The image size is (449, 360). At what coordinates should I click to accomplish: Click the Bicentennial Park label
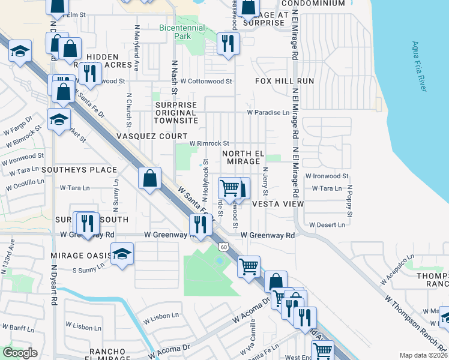coord(182,32)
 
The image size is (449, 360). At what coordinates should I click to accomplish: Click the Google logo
coord(20,353)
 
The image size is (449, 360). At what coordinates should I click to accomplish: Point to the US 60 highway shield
coord(223,247)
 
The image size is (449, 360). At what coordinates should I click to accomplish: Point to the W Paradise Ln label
coord(268,112)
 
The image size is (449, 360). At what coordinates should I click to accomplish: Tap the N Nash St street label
coord(175,76)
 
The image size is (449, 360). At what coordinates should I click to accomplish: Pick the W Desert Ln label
coord(327,225)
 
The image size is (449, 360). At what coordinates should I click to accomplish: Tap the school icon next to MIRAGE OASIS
coord(122,254)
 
